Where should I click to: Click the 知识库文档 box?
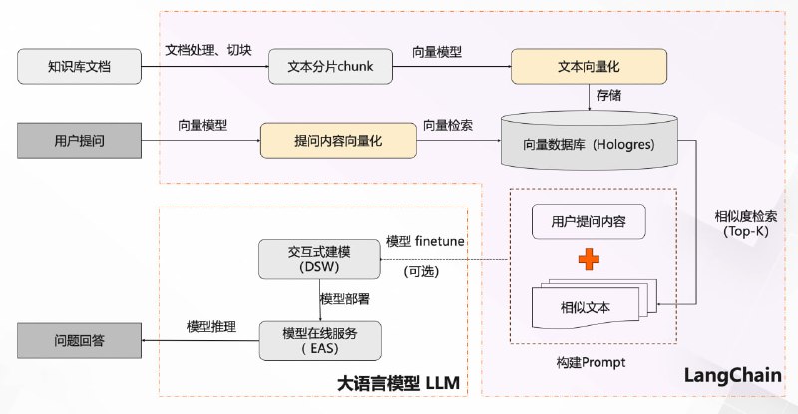point(79,67)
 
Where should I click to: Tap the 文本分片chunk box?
point(325,67)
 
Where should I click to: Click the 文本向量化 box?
point(588,67)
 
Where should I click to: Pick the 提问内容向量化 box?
point(338,141)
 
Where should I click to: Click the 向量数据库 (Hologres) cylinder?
point(588,143)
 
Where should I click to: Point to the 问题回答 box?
point(79,340)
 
